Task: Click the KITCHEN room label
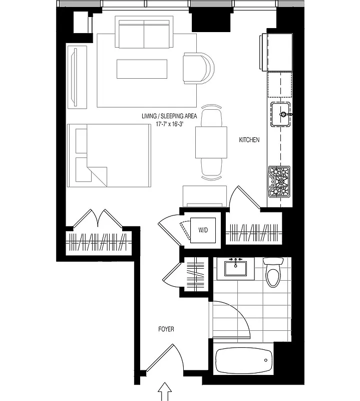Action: [249, 140]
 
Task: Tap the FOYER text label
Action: [166, 329]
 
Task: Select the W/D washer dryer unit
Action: [203, 231]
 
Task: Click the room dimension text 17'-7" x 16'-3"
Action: [170, 124]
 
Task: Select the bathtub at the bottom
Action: [243, 359]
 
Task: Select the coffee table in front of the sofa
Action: [142, 69]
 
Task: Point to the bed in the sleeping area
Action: [110, 156]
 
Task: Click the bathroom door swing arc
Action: [235, 316]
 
